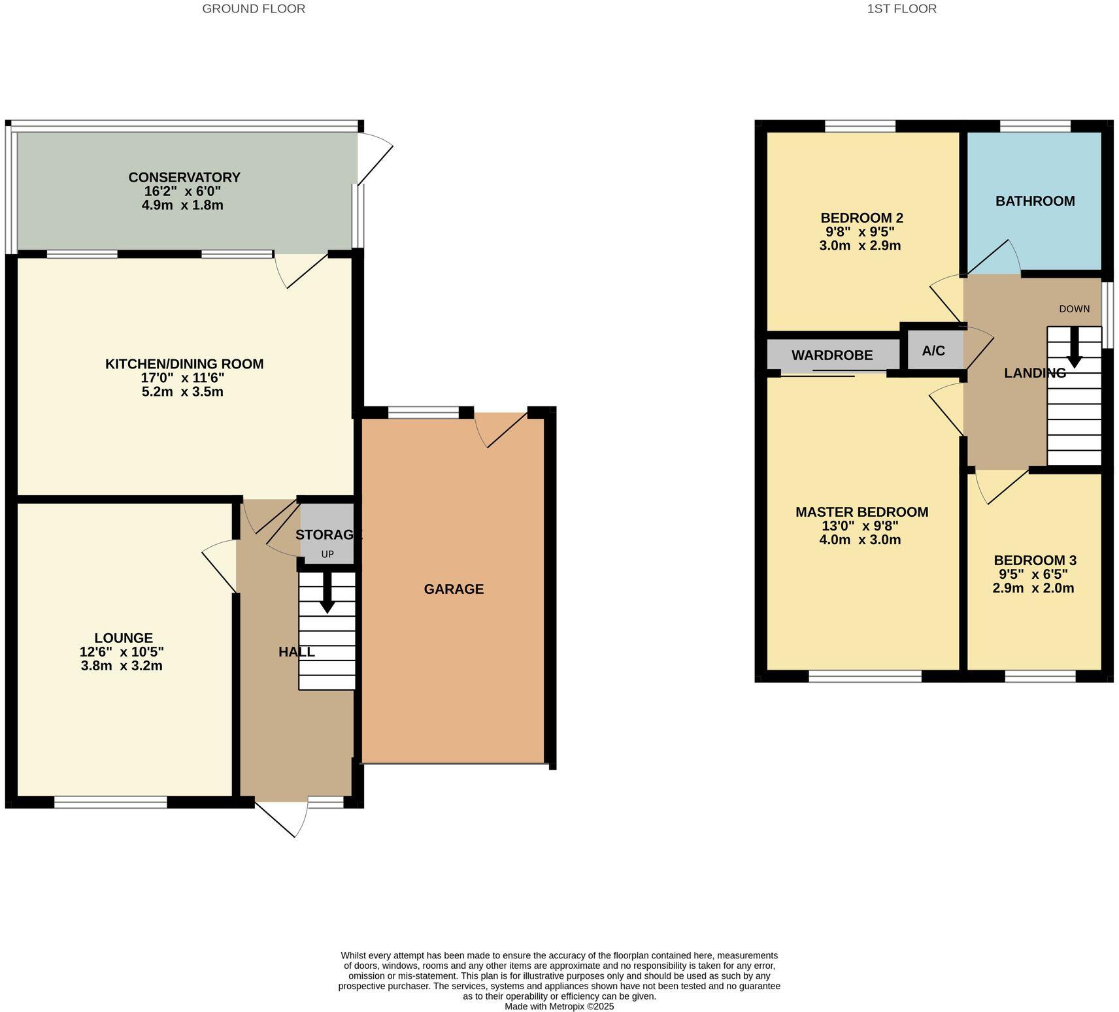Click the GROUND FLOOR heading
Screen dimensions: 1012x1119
(254, 9)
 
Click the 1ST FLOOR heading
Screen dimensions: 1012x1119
(901, 9)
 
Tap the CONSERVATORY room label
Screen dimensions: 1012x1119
(184, 177)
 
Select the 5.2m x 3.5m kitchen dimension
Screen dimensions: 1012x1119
(182, 392)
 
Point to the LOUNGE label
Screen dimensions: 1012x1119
(124, 638)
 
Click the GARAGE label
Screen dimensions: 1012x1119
(454, 589)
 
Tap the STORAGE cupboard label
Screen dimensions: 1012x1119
(328, 534)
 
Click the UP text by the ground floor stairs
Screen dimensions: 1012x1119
(327, 555)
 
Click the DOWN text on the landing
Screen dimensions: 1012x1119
(1074, 309)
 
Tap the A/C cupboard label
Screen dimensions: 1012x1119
(933, 351)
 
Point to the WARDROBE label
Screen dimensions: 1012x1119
(832, 355)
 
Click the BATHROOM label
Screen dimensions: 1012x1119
(1035, 201)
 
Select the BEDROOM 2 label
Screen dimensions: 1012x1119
(861, 218)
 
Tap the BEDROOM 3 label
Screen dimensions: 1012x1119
(1035, 561)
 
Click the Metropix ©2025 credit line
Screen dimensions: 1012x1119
(559, 1007)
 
